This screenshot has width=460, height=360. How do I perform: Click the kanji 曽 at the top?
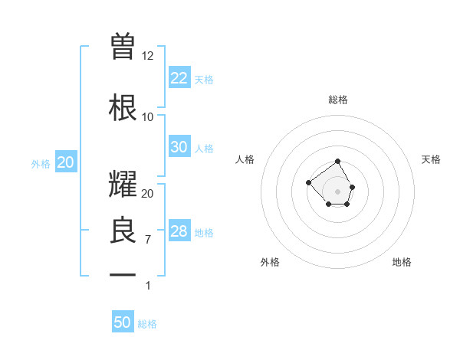pos(123,47)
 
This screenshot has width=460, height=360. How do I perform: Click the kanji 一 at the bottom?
pos(123,274)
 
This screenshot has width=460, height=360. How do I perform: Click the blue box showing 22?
pos(179,77)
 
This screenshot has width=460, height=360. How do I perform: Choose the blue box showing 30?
pos(179,147)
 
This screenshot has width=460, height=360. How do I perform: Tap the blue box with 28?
pos(179,231)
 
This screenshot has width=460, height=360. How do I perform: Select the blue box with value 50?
pos(123,322)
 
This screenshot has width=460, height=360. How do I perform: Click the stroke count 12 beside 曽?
pos(148,56)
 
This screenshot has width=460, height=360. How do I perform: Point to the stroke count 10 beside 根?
pos(148,117)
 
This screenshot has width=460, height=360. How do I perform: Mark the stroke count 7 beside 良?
pos(148,240)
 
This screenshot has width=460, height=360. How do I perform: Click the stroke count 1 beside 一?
pos(148,286)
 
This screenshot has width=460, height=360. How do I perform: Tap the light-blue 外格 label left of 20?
pos(40,164)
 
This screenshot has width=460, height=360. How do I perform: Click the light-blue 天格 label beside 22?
pos(204,79)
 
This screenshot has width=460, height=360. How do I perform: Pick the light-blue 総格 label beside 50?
pos(147,324)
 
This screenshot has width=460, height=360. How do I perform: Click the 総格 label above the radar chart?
pos(338,100)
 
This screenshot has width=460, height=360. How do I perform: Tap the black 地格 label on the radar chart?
pos(402,262)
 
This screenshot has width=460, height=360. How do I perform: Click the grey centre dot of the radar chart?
pos(337,191)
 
